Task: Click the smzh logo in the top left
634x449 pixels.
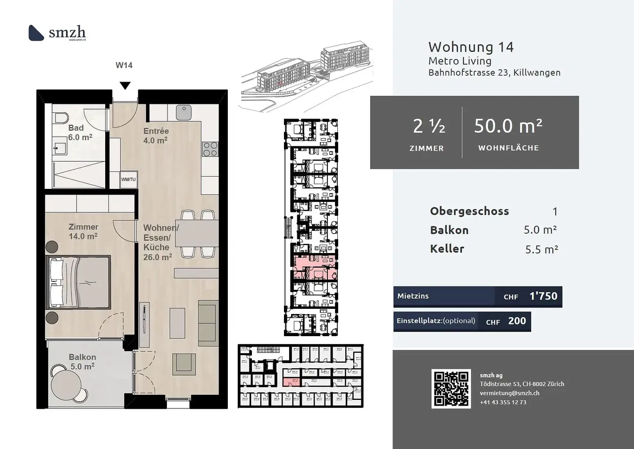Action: pyautogui.click(x=57, y=33)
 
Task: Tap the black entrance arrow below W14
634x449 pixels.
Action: pyautogui.click(x=125, y=85)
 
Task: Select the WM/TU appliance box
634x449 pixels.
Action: pyautogui.click(x=128, y=179)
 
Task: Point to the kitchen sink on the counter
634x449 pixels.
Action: pyautogui.click(x=184, y=112)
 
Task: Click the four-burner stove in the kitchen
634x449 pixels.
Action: pyautogui.click(x=210, y=149)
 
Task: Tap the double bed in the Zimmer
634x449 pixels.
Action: pyautogui.click(x=78, y=282)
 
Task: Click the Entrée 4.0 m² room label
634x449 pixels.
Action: pyautogui.click(x=156, y=136)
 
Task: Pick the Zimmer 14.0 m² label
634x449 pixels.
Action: pyautogui.click(x=83, y=231)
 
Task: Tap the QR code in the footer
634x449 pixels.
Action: pyautogui.click(x=451, y=389)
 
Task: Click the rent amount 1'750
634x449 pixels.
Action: pyautogui.click(x=543, y=297)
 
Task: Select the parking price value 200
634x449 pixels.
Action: pyautogui.click(x=517, y=321)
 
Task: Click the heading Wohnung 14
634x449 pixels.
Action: pyautogui.click(x=470, y=47)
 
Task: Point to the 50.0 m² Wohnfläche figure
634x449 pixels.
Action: pyautogui.click(x=508, y=127)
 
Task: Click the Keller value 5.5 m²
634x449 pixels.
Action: pyautogui.click(x=541, y=249)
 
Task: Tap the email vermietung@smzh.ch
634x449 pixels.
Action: pyautogui.click(x=509, y=393)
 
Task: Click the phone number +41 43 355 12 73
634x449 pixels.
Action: pyautogui.click(x=503, y=402)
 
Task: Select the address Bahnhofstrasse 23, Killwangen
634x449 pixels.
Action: pyautogui.click(x=494, y=73)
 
